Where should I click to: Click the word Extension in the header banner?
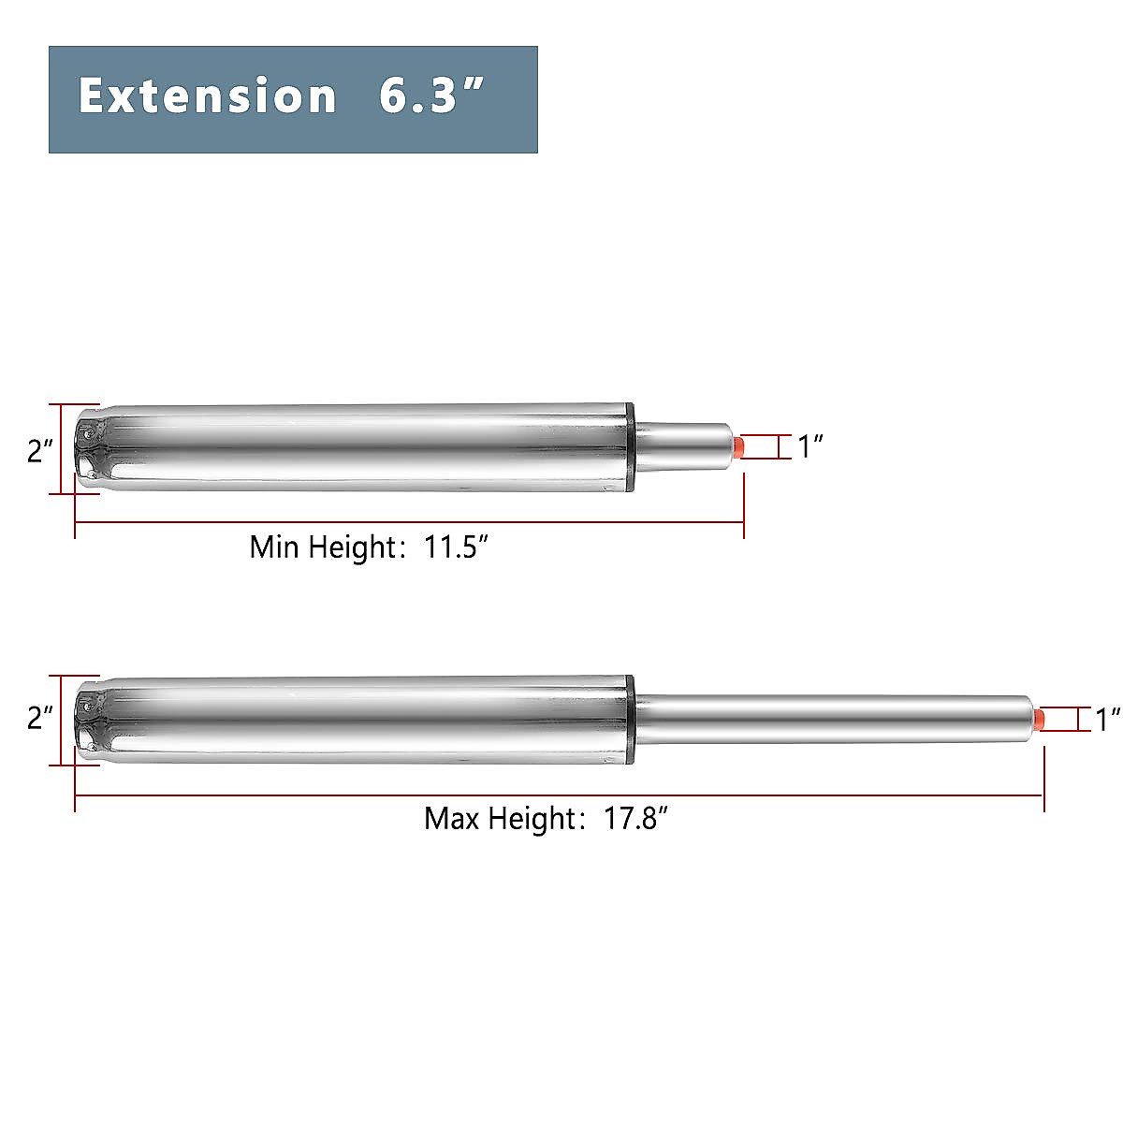tap(207, 96)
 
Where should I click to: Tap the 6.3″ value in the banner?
tap(431, 96)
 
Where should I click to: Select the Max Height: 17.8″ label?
tap(546, 819)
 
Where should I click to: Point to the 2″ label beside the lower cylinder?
tap(40, 719)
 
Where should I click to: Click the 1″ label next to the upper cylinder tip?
tap(809, 447)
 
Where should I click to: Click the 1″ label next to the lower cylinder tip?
tap(1108, 720)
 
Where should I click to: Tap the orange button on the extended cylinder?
tap(1038, 719)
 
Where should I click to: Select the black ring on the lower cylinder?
tap(632, 719)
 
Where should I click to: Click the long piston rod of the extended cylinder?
tap(833, 719)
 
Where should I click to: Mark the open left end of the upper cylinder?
tap(89, 449)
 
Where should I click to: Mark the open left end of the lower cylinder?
tap(89, 719)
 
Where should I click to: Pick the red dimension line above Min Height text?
tap(409, 522)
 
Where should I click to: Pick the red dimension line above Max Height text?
tap(559, 795)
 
